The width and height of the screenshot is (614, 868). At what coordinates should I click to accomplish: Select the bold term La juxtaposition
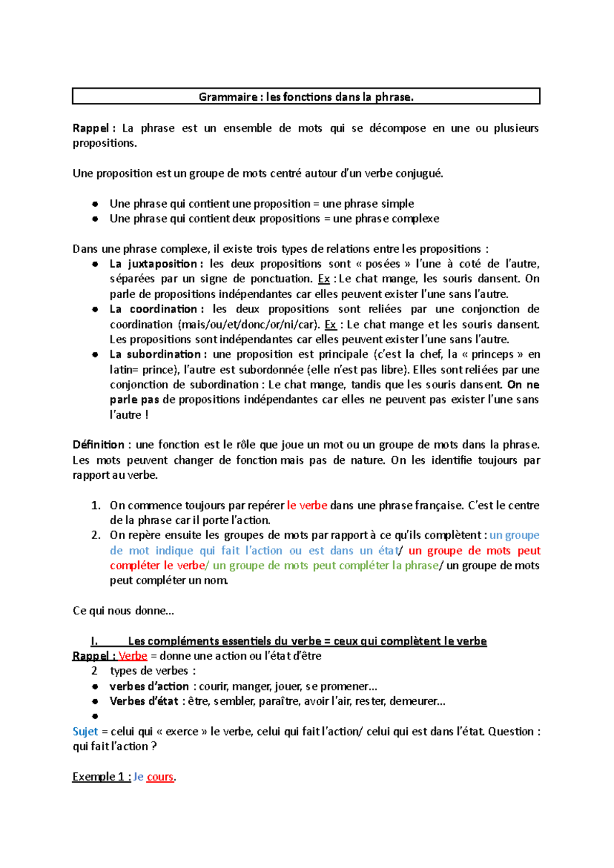pos(153,264)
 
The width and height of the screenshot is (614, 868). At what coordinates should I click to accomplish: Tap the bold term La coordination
pos(153,309)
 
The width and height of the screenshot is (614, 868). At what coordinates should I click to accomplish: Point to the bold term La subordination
pos(155,354)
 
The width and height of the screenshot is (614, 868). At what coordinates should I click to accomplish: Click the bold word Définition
pos(98,444)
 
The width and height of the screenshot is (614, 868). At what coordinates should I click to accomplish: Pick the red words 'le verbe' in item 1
pos(307,505)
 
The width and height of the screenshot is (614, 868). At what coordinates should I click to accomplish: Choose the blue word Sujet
pos(85,731)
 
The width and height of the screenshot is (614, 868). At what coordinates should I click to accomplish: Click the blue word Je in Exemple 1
pos(138,776)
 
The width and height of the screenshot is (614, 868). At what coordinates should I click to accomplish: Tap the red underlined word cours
pos(160,776)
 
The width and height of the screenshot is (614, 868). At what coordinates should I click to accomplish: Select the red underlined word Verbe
pos(133,656)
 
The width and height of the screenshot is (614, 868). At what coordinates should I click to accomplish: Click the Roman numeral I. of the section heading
pos(94,641)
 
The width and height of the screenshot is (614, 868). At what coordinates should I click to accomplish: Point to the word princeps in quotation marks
pos(492,354)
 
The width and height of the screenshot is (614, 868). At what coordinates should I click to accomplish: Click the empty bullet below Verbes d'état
pos(95,716)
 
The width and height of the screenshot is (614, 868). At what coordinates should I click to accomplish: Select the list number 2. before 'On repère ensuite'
pos(96,535)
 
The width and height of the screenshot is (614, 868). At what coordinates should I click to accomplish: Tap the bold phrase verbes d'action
pos(149,686)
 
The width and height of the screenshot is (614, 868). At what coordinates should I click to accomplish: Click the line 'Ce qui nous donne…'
pos(123,611)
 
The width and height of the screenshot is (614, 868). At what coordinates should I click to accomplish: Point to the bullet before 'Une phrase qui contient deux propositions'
pos(95,219)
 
